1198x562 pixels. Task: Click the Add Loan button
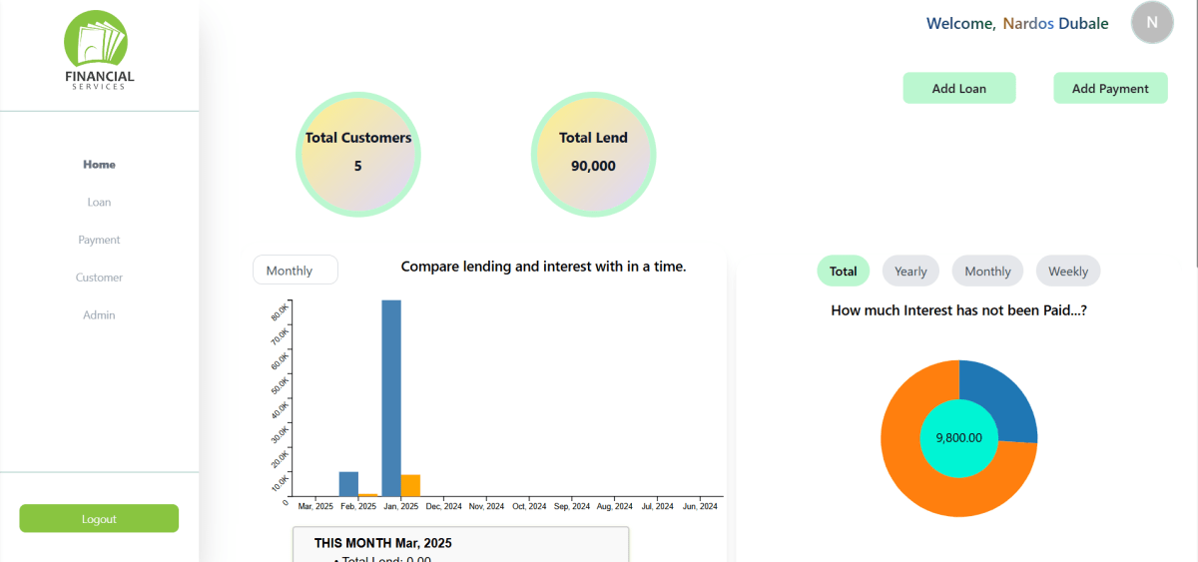pyautogui.click(x=958, y=89)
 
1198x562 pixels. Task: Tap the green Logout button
pyautogui.click(x=99, y=519)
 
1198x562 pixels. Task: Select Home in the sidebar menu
pyautogui.click(x=99, y=165)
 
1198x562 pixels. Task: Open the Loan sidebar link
pyautogui.click(x=99, y=203)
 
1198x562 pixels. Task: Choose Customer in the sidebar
pyautogui.click(x=99, y=278)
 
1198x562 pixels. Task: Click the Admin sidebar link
pyautogui.click(x=99, y=315)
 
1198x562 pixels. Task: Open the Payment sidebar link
pyautogui.click(x=99, y=241)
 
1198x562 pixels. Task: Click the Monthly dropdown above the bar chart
pyautogui.click(x=295, y=271)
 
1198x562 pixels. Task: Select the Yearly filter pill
pyautogui.click(x=910, y=272)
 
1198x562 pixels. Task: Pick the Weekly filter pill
pyautogui.click(x=1067, y=272)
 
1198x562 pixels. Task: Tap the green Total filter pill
pyautogui.click(x=843, y=272)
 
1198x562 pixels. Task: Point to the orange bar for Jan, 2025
pyautogui.click(x=410, y=485)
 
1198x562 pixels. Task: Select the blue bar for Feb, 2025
pyautogui.click(x=348, y=484)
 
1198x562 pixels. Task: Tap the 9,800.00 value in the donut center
pyautogui.click(x=958, y=438)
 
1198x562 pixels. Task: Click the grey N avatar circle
pyautogui.click(x=1152, y=22)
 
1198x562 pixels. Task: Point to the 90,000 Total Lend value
pyautogui.click(x=593, y=167)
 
